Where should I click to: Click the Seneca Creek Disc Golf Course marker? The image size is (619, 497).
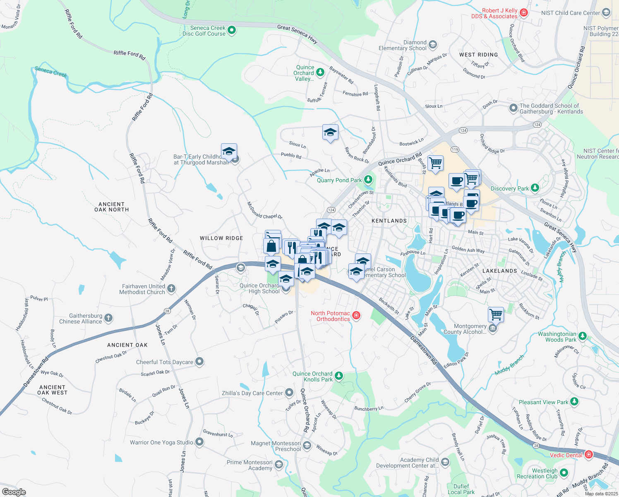click(x=232, y=30)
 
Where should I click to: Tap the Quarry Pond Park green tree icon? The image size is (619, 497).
click(x=368, y=180)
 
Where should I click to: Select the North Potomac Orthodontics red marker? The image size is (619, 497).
click(x=356, y=316)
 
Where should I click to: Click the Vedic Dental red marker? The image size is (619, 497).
click(x=589, y=455)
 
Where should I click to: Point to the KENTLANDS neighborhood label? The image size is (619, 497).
click(x=389, y=221)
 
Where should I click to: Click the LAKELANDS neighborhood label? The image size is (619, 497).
click(x=499, y=271)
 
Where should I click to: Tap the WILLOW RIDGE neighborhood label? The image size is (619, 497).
click(x=221, y=238)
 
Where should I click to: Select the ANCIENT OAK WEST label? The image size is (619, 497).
click(x=52, y=390)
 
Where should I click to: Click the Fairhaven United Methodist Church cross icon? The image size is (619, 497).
click(x=171, y=289)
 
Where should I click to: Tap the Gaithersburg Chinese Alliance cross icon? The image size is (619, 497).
click(x=108, y=318)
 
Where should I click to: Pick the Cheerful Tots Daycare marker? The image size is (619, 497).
click(x=199, y=362)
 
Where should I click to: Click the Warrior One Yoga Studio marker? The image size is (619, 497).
click(x=199, y=442)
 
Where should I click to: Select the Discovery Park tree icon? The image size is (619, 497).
click(x=535, y=188)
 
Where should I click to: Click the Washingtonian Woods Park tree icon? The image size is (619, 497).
click(x=583, y=336)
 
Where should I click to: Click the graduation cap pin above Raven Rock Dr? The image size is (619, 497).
click(x=330, y=133)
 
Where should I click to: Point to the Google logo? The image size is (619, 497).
click(x=14, y=492)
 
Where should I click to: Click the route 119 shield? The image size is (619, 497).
click(x=455, y=150)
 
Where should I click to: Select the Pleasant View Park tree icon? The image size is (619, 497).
click(x=574, y=402)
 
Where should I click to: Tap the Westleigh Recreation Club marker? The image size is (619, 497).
click(x=564, y=473)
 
